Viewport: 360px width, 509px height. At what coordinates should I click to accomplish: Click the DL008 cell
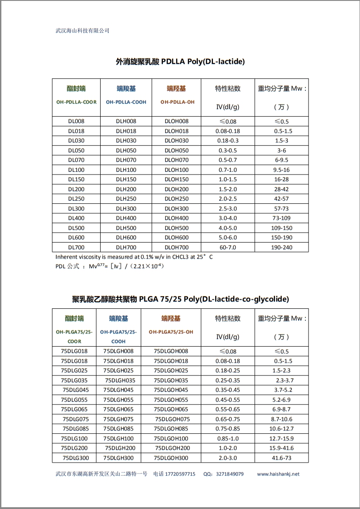point(76,121)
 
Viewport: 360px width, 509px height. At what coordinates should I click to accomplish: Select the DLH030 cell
point(126,141)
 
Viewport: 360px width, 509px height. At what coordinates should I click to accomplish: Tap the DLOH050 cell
point(176,151)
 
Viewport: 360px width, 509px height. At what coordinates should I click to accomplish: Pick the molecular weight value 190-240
point(282,248)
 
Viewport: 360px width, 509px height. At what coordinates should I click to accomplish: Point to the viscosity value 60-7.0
point(228,248)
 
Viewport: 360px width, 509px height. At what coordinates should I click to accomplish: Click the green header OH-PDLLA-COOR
point(76,102)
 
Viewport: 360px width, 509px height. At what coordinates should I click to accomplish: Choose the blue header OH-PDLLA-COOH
point(126,102)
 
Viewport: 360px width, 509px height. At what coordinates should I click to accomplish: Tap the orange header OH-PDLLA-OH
point(177,102)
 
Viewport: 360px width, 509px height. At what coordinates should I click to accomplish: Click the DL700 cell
point(76,248)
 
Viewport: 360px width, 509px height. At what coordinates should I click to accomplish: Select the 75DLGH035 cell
point(120,381)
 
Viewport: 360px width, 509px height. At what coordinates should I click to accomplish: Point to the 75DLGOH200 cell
point(172,448)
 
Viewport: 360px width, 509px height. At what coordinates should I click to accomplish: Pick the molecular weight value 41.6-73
point(282,458)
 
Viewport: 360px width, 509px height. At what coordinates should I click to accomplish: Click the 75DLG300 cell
point(75,458)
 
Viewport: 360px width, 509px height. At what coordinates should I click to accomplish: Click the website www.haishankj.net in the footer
point(278,474)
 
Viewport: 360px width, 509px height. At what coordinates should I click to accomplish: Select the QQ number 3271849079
point(230,474)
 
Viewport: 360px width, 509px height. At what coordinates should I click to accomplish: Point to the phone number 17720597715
point(180,474)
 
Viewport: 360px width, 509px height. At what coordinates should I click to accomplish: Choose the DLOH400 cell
point(176,218)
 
